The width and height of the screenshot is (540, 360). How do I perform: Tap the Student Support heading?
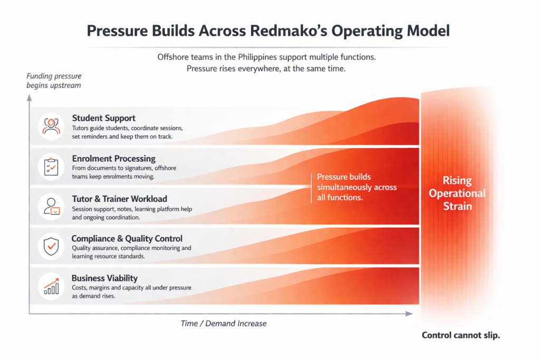point(104,118)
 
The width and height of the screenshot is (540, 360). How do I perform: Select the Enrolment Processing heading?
point(114,159)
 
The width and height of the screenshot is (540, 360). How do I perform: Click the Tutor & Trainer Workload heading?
point(120,199)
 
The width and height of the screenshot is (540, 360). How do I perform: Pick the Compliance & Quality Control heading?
point(127,239)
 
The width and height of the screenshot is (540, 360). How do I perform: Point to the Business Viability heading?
point(105,278)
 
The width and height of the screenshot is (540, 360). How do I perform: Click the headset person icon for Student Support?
point(51,127)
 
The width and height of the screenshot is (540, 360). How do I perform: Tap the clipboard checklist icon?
point(51,167)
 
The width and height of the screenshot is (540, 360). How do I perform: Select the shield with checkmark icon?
point(51,246)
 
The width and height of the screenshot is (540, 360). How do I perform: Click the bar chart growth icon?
point(51,286)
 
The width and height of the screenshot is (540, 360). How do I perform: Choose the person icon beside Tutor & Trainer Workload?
point(52,207)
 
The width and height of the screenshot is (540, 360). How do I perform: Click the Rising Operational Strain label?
point(457,193)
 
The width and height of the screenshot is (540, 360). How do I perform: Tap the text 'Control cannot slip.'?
point(461,335)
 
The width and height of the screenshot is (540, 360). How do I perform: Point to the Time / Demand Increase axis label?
point(224,324)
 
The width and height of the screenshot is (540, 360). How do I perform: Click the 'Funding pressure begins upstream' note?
point(54,81)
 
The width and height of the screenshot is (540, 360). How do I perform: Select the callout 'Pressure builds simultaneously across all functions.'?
point(357,187)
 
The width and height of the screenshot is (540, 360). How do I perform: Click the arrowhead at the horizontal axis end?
point(409,314)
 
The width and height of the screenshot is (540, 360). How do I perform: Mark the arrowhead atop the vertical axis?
point(30,98)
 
